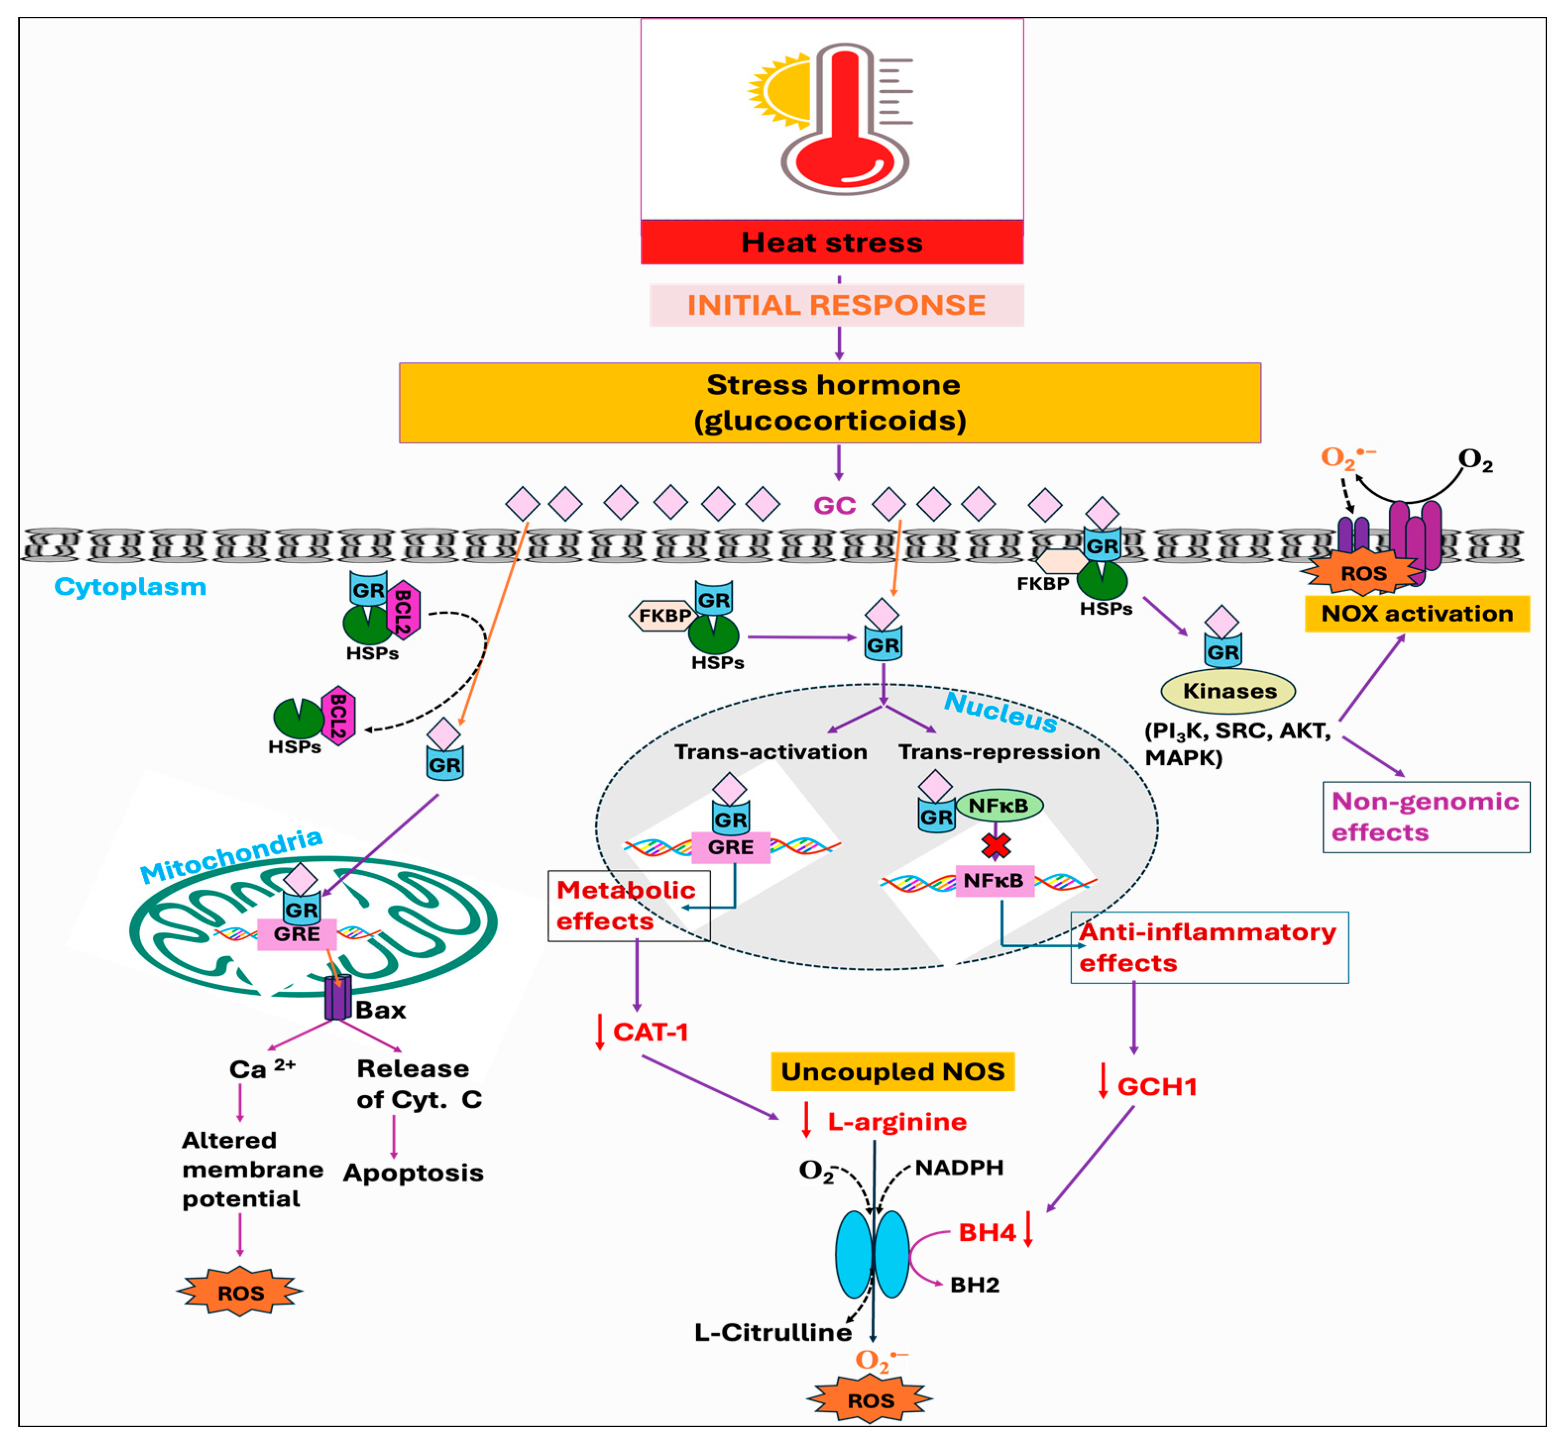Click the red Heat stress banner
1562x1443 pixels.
pos(832,242)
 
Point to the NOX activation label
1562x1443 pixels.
pos(1416,614)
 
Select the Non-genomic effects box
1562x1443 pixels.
pos(1425,817)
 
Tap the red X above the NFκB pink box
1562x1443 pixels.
pos(996,845)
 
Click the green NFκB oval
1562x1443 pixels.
pos(999,805)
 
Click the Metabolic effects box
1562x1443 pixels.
pos(627,906)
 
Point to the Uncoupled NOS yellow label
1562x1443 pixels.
pos(892,1071)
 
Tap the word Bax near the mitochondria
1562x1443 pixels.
pos(381,1011)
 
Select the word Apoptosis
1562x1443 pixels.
pos(413,1173)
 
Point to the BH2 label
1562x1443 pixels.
pos(974,1285)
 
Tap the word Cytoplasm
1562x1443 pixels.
pos(130,587)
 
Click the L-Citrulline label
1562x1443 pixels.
pos(773,1332)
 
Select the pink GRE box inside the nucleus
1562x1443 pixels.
pos(730,847)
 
